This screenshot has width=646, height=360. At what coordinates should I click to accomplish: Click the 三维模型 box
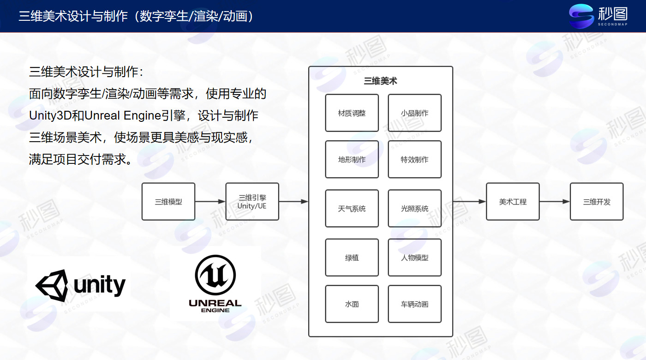point(168,201)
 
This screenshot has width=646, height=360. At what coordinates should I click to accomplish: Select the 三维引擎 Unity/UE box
point(252,201)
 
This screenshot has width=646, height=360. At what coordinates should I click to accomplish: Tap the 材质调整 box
point(352,113)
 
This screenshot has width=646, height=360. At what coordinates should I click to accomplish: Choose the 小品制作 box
point(414,113)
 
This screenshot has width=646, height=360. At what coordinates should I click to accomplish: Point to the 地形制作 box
point(352,159)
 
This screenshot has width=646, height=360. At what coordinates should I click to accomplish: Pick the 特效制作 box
point(414,159)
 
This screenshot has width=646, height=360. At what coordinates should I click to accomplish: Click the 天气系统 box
point(352,209)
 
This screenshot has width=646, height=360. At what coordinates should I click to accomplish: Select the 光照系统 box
point(414,209)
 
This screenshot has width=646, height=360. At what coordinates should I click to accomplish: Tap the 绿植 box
point(352,258)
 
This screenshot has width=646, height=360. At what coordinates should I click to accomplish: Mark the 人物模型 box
point(414,258)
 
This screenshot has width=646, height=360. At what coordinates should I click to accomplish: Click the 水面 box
point(352,304)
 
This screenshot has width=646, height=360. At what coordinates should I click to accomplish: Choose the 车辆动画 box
point(414,304)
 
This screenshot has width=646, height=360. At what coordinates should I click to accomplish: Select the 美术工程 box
point(513,201)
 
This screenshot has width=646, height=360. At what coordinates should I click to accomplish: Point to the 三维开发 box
point(597,201)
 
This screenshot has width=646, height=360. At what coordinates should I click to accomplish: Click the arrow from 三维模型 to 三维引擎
point(210,202)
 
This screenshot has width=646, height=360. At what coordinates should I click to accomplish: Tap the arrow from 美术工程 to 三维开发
point(555,202)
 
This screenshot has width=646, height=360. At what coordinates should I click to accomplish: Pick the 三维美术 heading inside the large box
point(380,81)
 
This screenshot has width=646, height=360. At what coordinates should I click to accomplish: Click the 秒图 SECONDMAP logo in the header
point(598,16)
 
